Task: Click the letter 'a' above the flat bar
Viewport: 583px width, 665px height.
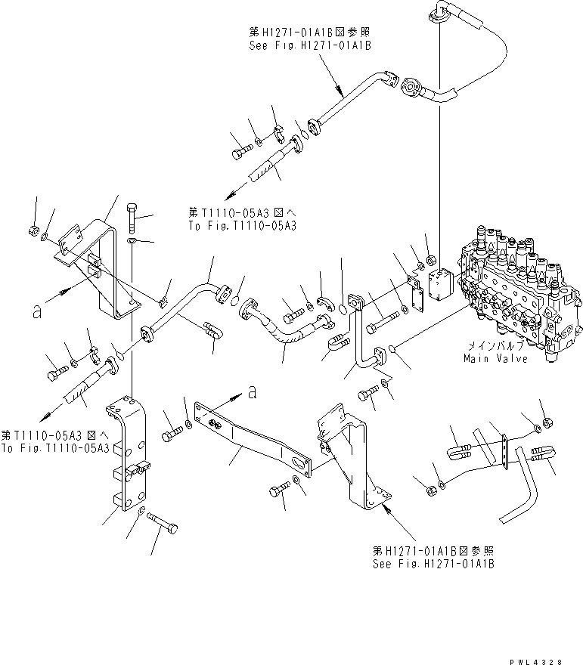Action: [252, 391]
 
